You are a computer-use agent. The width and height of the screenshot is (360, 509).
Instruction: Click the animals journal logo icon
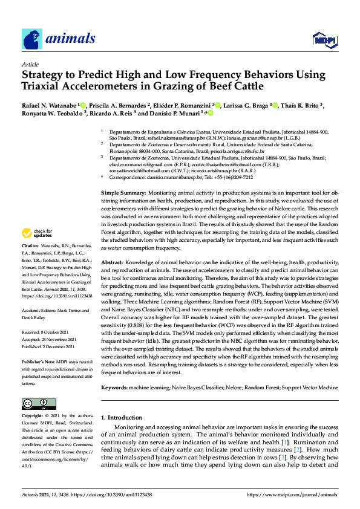pos(32,39)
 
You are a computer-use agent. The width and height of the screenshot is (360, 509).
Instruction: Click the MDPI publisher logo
pos(325,40)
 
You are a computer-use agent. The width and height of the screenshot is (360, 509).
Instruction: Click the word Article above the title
pos(30,63)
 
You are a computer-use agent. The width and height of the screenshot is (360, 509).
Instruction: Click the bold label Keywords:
pos(117,386)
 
